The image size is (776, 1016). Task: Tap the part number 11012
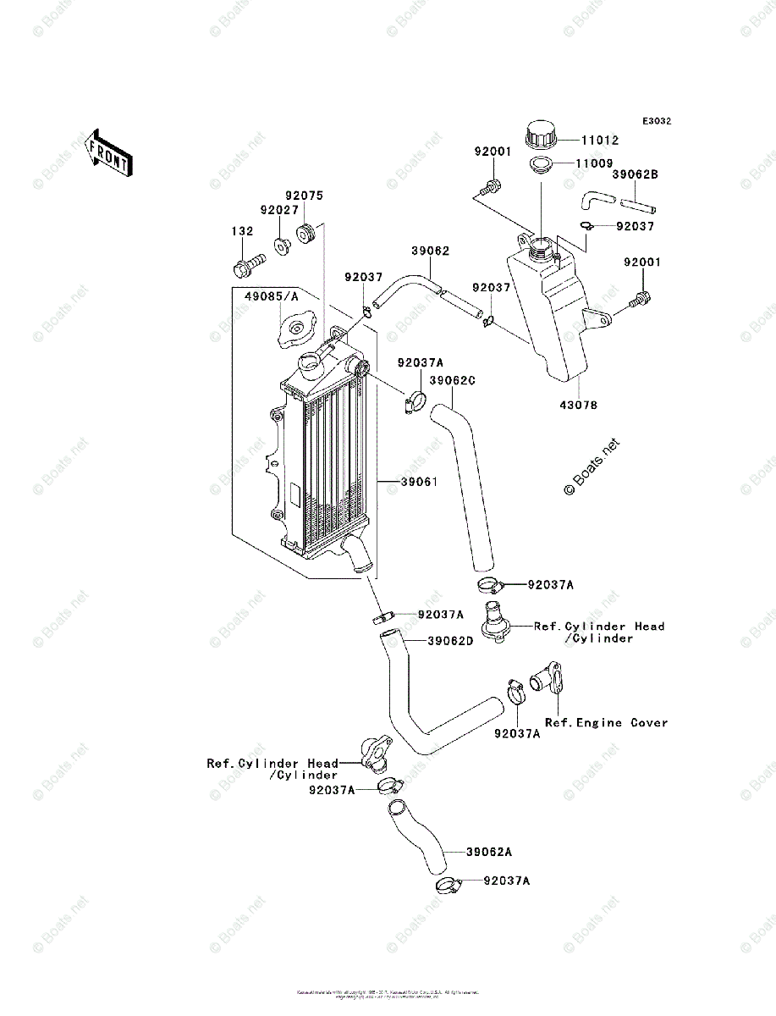[598, 141]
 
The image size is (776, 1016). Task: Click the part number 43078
[577, 406]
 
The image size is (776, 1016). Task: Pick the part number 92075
[303, 195]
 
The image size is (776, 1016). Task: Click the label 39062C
[452, 381]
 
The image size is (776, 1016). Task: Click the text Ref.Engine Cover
[606, 722]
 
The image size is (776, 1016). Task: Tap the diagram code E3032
[656, 121]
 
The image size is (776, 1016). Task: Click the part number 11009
[595, 163]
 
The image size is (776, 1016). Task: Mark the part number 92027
[279, 209]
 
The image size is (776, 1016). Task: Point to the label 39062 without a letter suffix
[431, 251]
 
